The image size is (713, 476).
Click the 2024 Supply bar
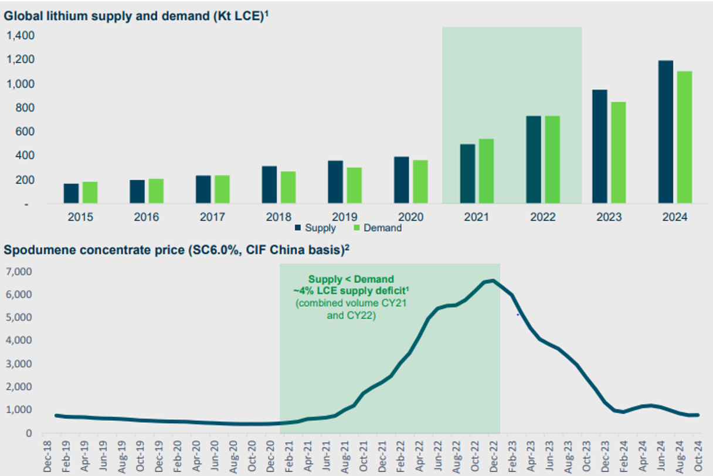(666, 132)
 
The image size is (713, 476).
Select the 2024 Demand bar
(684, 137)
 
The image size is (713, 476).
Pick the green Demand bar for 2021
(487, 171)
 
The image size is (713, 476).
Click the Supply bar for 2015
(72, 194)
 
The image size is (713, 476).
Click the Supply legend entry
(316, 228)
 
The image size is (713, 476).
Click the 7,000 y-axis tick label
(19, 272)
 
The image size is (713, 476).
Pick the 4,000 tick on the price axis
(19, 340)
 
